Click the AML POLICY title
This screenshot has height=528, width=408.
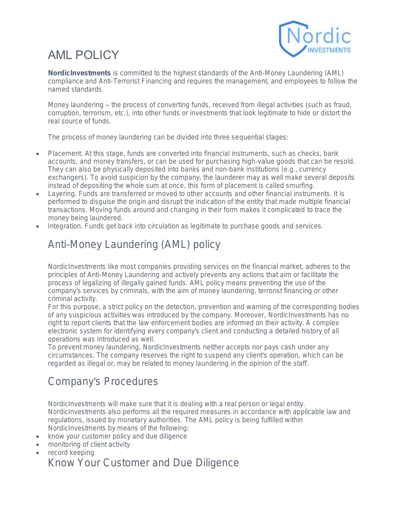[84, 55]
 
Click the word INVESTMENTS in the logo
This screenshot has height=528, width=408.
[329, 50]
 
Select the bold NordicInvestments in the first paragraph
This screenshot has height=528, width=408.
[79, 73]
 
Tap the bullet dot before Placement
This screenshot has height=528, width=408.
[38, 154]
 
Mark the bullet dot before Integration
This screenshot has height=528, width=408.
[38, 227]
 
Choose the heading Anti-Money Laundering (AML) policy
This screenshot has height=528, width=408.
[134, 244]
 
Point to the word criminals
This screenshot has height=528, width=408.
[135, 291]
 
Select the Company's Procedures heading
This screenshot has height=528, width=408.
[103, 381]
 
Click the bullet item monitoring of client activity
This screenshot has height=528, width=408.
[89, 444]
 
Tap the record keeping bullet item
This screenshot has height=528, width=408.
[71, 452]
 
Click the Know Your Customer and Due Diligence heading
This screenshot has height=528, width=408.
[143, 463]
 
